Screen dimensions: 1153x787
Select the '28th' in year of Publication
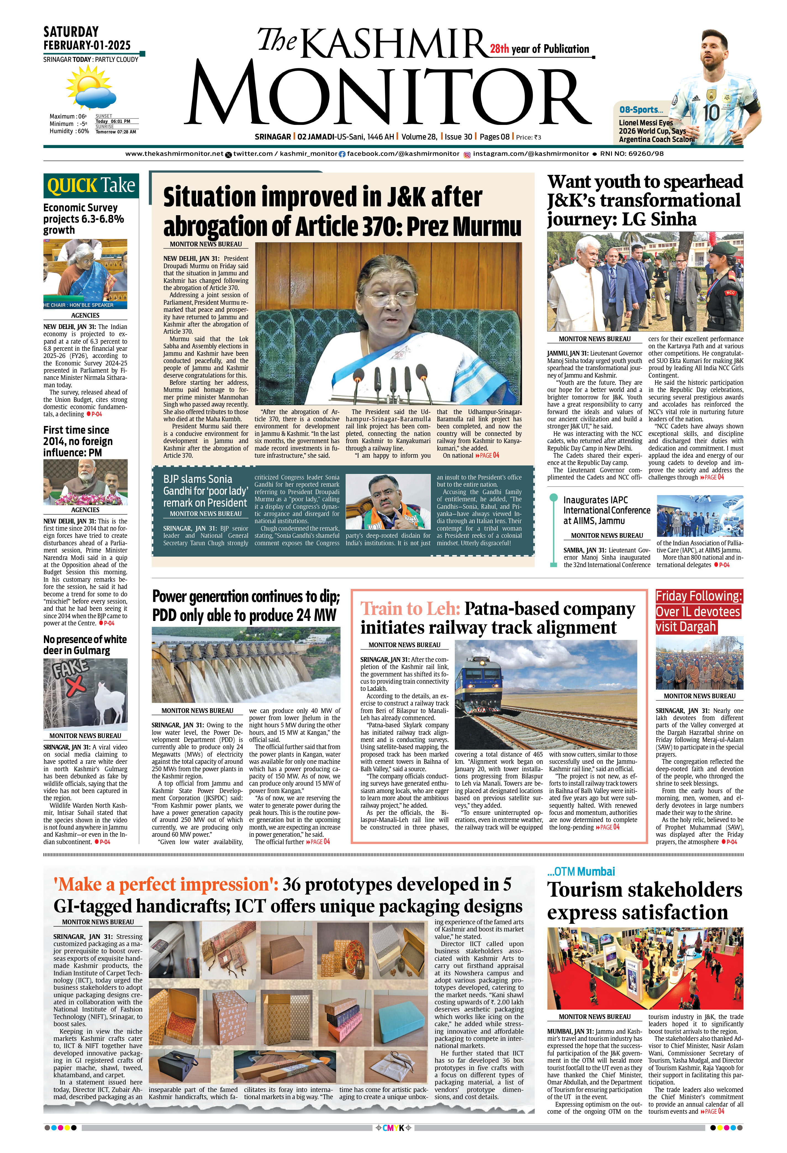[499, 49]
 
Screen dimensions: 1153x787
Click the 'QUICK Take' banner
[91, 186]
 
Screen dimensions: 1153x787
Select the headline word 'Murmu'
[487, 226]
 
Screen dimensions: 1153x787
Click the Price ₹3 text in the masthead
[528, 138]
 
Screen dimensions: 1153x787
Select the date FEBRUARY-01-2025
[87, 45]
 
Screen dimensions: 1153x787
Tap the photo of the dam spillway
[246, 664]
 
